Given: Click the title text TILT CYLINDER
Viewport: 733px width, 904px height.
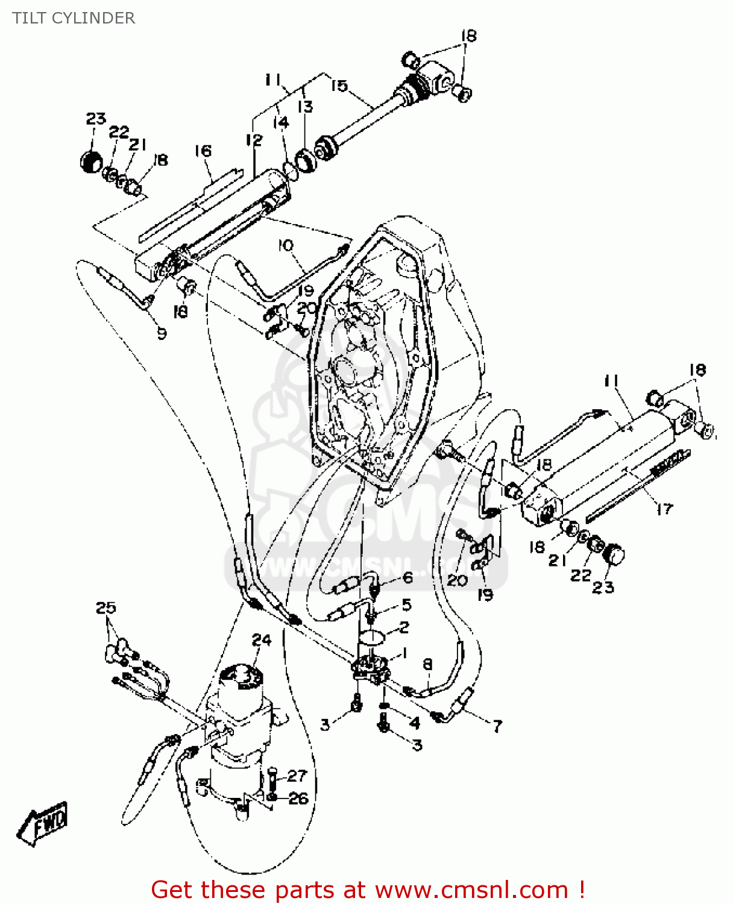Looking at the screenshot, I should click(74, 18).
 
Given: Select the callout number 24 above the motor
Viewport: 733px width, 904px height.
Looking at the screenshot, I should click(262, 640).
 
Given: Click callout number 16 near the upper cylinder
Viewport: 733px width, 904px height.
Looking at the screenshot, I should click(203, 151).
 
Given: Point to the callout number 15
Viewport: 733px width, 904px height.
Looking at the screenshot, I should click(339, 86).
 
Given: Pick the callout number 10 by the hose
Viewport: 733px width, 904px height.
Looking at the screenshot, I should click(286, 245).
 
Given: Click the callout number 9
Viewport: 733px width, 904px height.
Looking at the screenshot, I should click(161, 333).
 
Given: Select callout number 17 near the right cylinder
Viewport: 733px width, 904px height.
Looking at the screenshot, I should click(664, 509).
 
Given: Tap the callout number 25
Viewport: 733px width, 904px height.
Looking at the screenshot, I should click(105, 607).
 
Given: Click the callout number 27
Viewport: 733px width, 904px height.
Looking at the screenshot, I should click(297, 775).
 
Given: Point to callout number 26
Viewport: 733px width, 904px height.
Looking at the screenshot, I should click(298, 799).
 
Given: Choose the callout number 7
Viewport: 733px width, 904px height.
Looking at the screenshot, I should click(497, 726).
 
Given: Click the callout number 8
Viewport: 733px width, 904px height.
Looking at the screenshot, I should click(427, 664).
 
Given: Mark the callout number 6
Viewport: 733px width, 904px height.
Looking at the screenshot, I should click(407, 577).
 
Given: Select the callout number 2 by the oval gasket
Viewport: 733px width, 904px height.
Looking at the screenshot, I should click(403, 627).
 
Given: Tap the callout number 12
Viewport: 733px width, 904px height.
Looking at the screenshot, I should click(254, 140).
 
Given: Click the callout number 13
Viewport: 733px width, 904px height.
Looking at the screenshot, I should click(306, 107).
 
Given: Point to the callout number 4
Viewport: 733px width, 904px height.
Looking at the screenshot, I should click(414, 722).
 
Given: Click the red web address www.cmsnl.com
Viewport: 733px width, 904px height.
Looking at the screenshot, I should click(471, 890).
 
